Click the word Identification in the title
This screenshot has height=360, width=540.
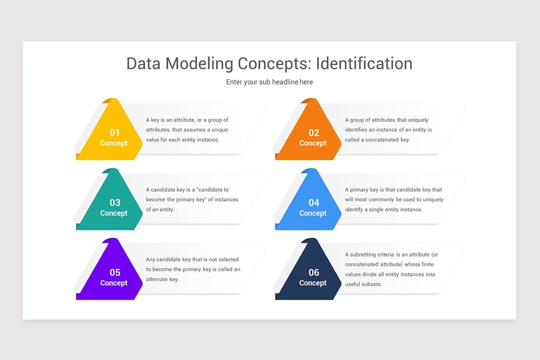click(x=364, y=64)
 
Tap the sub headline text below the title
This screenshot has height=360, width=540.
click(x=270, y=82)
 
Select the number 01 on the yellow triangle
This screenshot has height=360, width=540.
click(x=115, y=133)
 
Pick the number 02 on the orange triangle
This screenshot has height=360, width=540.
click(x=314, y=133)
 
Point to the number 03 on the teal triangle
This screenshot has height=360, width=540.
click(x=115, y=202)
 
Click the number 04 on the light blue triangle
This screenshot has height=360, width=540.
click(x=314, y=202)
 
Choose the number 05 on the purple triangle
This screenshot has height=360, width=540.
click(x=115, y=272)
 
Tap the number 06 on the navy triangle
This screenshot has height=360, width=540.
click(x=314, y=272)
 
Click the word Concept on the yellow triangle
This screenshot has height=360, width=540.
click(x=114, y=143)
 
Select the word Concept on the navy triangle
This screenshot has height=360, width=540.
click(x=313, y=283)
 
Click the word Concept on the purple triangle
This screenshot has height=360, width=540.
click(x=114, y=283)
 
